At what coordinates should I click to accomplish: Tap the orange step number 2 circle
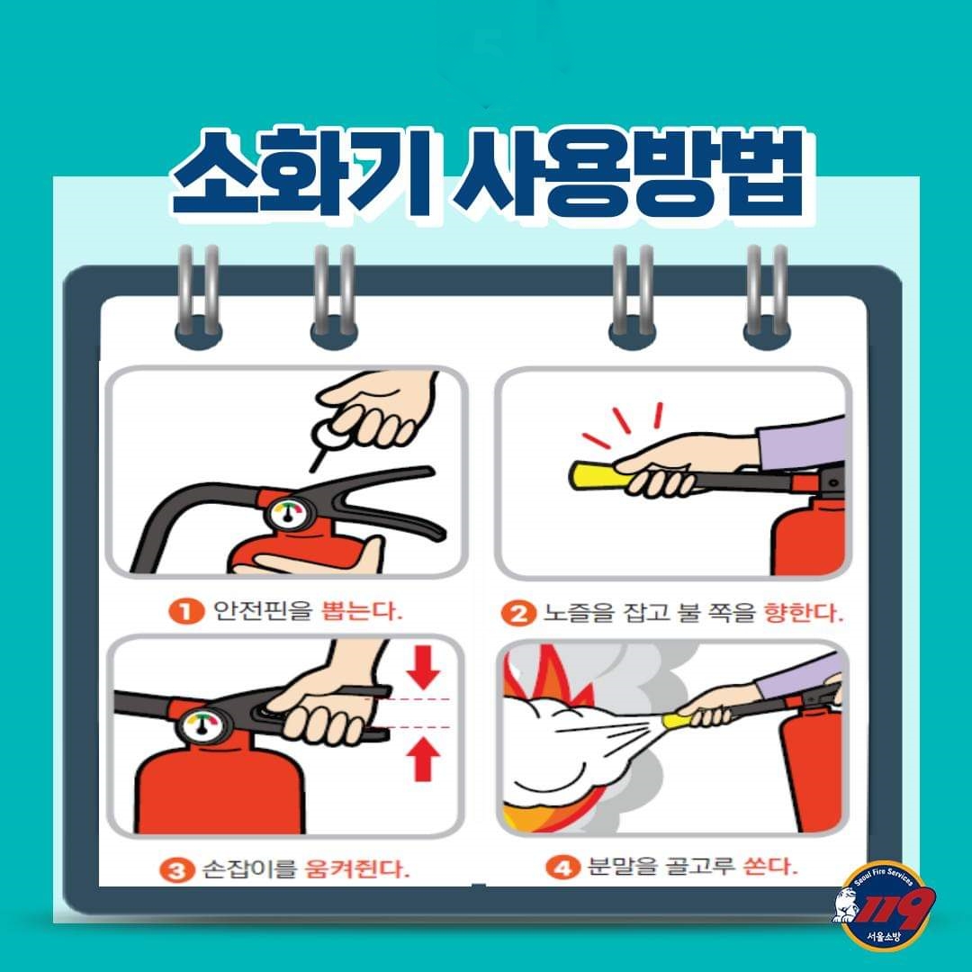click(x=517, y=614)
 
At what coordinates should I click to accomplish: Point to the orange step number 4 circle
click(x=562, y=867)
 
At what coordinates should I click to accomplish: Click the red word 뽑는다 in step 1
click(x=362, y=611)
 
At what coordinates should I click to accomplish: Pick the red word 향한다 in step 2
click(x=804, y=613)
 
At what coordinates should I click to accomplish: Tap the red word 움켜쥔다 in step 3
click(x=357, y=869)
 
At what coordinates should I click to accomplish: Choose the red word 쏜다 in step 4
click(x=769, y=866)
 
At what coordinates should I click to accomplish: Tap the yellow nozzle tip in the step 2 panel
click(x=599, y=476)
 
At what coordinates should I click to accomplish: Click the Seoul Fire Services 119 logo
click(x=884, y=904)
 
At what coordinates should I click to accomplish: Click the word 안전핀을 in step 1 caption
click(x=263, y=611)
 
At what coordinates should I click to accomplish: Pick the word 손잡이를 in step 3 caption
click(x=250, y=869)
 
